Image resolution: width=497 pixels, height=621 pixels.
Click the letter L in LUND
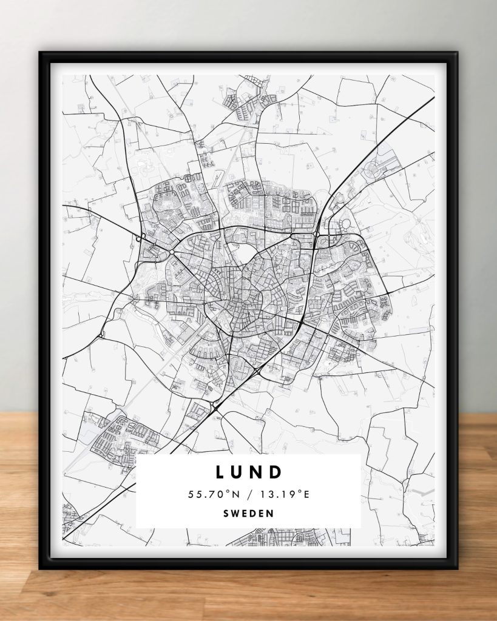click(220, 471)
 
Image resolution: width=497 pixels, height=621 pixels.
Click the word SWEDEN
click(248, 513)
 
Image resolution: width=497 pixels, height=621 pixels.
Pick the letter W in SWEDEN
click(235, 513)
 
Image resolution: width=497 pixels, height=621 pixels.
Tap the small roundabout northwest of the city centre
click(172, 250)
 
